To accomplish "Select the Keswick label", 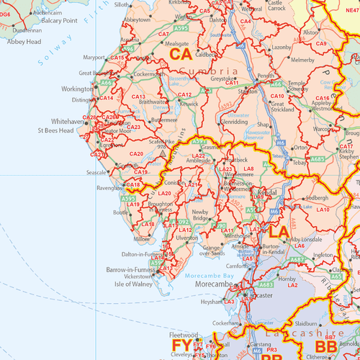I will (189, 104).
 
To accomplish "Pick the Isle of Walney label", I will (134, 284).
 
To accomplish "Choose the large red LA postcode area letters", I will (279, 233).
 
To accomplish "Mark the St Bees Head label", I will (55, 132).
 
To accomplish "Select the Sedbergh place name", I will (317, 197).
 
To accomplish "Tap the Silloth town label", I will (122, 4).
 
